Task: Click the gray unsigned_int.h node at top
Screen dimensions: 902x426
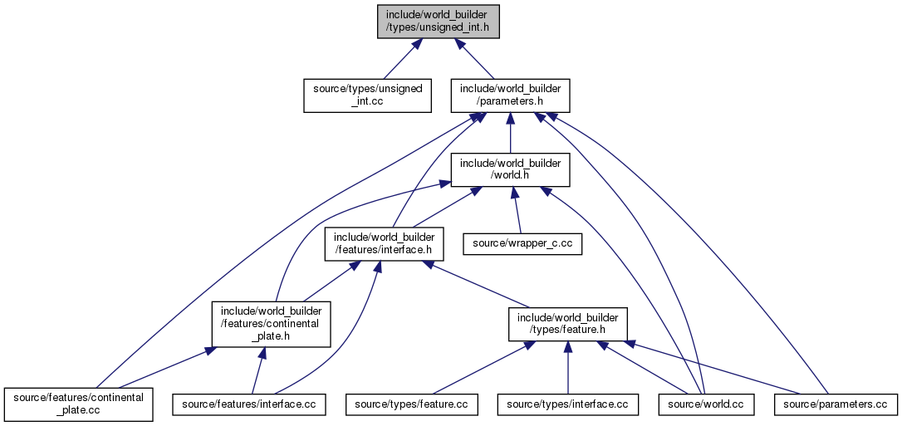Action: [438, 22]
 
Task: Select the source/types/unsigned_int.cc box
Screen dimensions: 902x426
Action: [367, 95]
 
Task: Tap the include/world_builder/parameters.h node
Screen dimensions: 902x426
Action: [510, 95]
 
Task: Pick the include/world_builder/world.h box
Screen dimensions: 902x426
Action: [510, 169]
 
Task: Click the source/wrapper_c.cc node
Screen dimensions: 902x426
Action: [522, 244]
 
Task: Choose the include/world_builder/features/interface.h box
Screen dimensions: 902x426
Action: [384, 244]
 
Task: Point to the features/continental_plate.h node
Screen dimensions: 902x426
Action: [271, 324]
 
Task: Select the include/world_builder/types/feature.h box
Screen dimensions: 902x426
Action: [567, 324]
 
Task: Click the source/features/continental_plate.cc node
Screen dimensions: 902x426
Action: [78, 404]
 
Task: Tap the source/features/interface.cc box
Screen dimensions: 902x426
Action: [249, 404]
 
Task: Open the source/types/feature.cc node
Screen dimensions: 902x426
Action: [411, 404]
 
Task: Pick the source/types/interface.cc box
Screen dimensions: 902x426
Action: [568, 404]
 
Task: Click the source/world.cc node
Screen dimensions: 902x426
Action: [701, 404]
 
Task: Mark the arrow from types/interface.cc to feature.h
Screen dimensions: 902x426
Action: [568, 367]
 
